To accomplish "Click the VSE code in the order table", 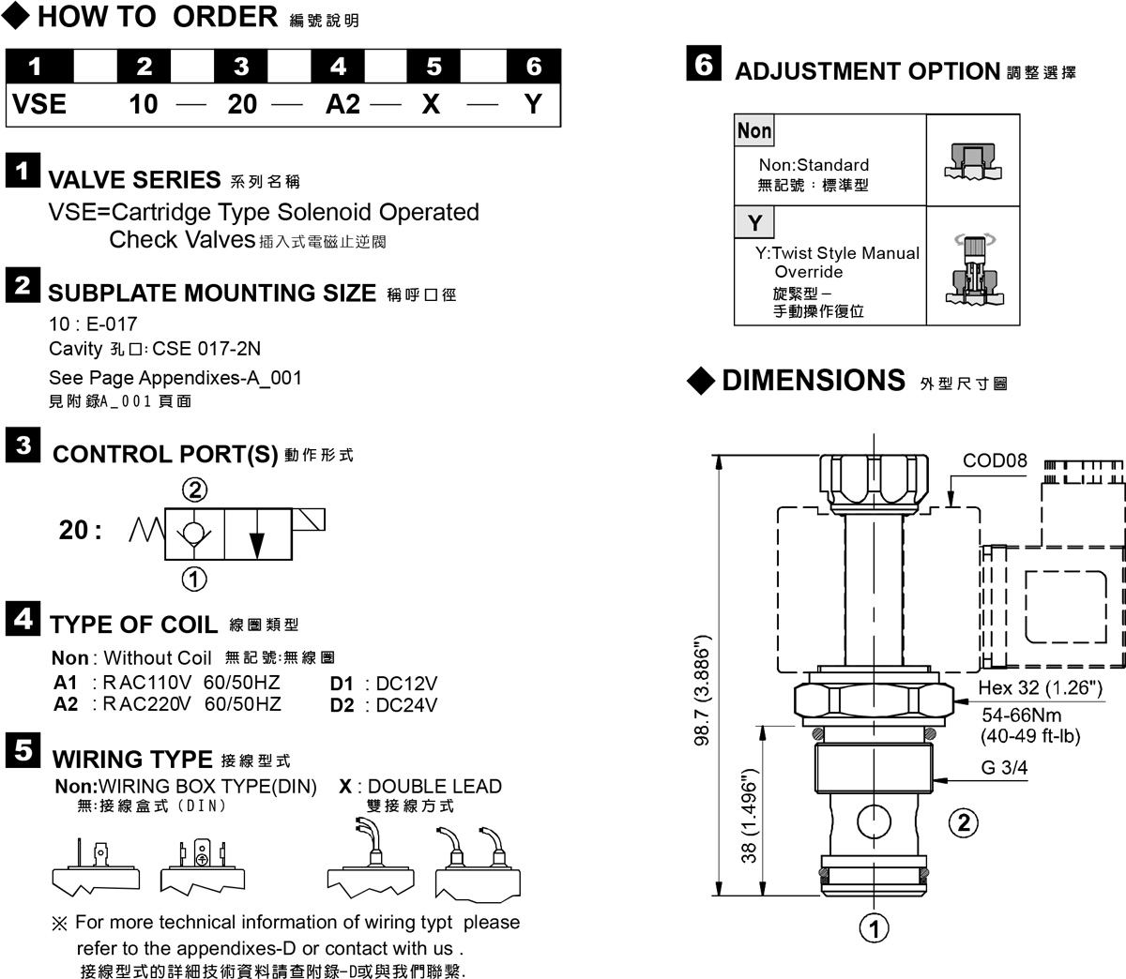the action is click(39, 104).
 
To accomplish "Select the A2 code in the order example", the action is click(342, 104).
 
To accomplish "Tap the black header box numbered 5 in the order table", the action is click(434, 66).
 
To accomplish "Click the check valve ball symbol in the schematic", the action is click(193, 533).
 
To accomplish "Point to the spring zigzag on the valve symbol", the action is click(147, 530).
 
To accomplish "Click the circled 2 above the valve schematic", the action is click(195, 489).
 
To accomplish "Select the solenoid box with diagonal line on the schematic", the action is click(308, 520).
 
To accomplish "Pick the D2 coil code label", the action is click(342, 704).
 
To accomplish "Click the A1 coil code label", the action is click(65, 683).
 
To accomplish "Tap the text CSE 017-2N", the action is click(206, 348).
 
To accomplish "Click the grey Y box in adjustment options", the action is click(754, 222).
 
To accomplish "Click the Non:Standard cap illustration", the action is click(973, 160).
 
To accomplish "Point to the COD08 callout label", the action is click(995, 460).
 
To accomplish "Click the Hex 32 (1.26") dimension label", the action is click(1041, 687).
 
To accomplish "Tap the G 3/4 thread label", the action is click(1004, 767).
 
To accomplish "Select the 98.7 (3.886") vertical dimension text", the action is click(702, 690).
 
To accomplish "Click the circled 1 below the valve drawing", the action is click(874, 928).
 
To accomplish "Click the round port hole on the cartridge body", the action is click(874, 821).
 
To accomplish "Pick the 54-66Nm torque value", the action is click(1022, 715).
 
